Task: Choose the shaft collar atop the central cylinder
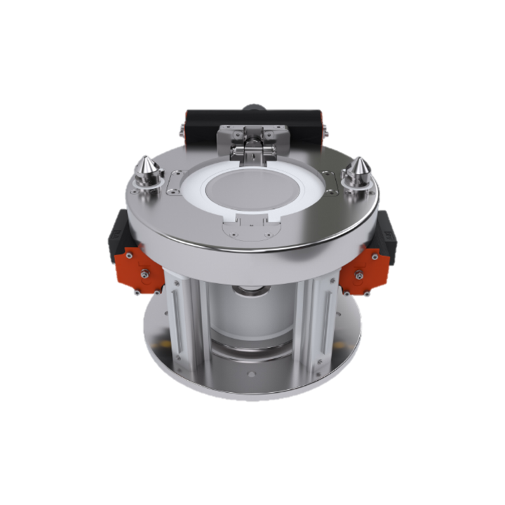click(x=252, y=289)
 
